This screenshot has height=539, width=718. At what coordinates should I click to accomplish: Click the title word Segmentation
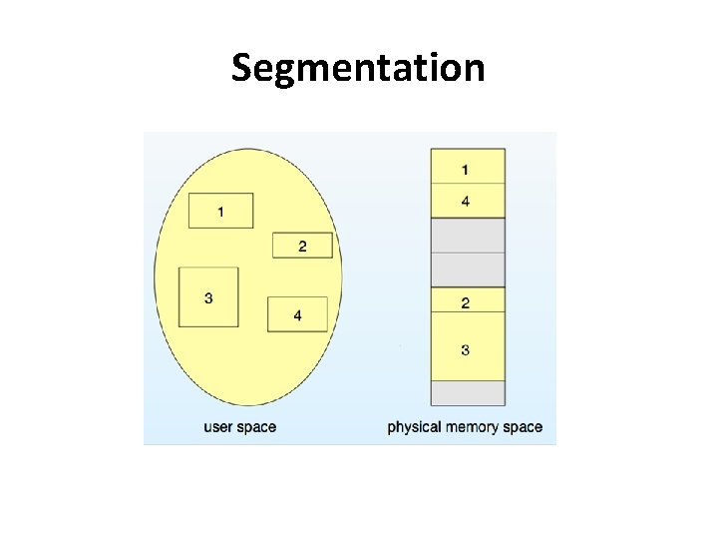pos(358,68)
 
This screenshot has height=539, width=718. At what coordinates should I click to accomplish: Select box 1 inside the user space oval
pos(220,211)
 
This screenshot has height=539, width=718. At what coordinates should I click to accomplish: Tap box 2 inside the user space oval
pos(302,246)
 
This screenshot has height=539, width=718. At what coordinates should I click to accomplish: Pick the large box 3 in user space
pos(208,296)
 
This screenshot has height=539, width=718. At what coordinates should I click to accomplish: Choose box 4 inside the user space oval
pos(297,314)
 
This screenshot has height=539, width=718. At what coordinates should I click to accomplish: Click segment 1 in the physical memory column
pos(467,167)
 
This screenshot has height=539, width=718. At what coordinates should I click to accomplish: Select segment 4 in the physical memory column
pos(467,202)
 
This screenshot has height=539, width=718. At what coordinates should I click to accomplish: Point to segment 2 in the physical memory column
pos(467,300)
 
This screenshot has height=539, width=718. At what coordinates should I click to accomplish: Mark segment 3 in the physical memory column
pos(467,347)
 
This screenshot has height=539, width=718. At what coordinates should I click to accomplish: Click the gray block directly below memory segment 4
pos(467,236)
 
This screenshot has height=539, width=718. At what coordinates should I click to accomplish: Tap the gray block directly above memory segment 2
pos(467,269)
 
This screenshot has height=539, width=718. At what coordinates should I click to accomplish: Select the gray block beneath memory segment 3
pos(467,393)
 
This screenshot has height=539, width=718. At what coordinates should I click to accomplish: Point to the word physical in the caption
pos(414,427)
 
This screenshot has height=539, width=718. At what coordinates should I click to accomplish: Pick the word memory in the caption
pos(474,427)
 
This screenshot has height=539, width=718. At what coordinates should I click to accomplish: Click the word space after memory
pos(524,428)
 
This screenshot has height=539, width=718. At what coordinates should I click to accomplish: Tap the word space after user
pos(257,428)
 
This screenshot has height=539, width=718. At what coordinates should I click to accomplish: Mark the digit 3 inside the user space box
pos(207,297)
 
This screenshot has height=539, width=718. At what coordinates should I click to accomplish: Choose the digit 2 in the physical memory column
pos(466,302)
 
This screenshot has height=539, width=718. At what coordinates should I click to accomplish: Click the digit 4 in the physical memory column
pos(466,203)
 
